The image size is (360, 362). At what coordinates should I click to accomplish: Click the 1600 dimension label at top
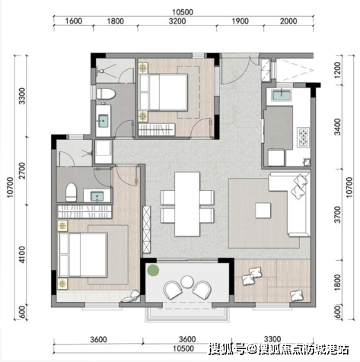pyautogui.click(x=74, y=21)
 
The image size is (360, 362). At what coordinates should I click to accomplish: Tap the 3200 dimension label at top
pyautogui.click(x=177, y=21)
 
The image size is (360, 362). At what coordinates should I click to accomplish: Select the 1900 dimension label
pyautogui.click(x=240, y=21)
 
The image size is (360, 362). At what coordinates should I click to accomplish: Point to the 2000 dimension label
pyautogui.click(x=288, y=21)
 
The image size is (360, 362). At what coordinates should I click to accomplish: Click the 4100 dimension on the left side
pyautogui.click(x=22, y=255)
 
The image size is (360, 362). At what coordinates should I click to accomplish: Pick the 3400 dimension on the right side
pyautogui.click(x=337, y=127)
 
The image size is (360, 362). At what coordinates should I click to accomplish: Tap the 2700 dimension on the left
pyautogui.click(x=22, y=170)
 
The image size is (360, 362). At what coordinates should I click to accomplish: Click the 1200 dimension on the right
pyautogui.click(x=337, y=70)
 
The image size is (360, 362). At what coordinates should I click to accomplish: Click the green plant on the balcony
pyautogui.click(x=153, y=270)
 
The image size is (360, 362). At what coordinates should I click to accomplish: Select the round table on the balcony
pyautogui.click(x=187, y=281)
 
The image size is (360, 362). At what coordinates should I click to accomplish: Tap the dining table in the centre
pyautogui.click(x=187, y=204)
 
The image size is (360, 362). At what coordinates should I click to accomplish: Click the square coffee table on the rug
pyautogui.click(x=263, y=210)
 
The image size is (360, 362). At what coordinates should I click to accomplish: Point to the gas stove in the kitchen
pyautogui.click(x=304, y=137)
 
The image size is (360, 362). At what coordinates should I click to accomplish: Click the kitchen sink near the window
pyautogui.click(x=282, y=96)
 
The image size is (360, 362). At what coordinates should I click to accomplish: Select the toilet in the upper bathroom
pyautogui.click(x=106, y=94)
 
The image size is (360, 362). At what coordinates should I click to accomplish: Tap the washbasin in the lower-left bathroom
pyautogui.click(x=97, y=196)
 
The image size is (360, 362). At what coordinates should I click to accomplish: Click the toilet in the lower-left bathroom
pyautogui.click(x=72, y=192)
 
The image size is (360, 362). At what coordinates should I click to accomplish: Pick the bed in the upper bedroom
pyautogui.click(x=164, y=92)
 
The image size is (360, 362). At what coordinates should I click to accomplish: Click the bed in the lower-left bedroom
pyautogui.click(x=83, y=255)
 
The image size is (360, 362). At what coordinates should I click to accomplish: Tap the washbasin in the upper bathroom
pyautogui.click(x=104, y=121)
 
